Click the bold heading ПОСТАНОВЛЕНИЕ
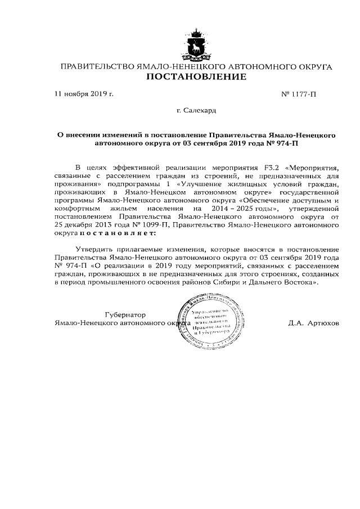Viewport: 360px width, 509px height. [x=196, y=77]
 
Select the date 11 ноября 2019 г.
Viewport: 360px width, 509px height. [x=84, y=94]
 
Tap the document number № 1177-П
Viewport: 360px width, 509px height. [x=298, y=94]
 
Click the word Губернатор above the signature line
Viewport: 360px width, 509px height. [x=125, y=315]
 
